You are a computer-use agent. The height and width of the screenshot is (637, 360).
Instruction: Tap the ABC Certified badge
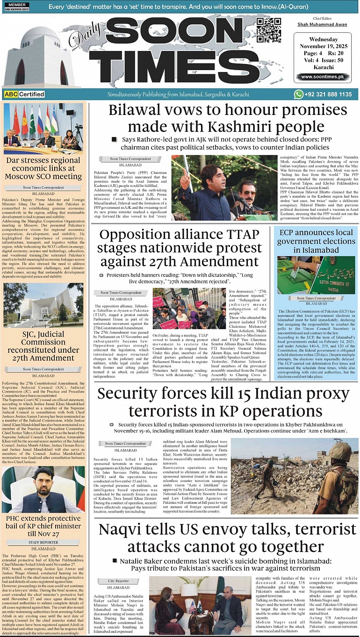click(x=24, y=94)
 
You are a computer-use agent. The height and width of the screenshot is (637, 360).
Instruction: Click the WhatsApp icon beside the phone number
click(x=298, y=94)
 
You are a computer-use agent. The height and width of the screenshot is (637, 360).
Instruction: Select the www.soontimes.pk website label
click(x=322, y=77)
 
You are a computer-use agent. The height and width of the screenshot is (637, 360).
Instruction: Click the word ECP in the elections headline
click(x=289, y=232)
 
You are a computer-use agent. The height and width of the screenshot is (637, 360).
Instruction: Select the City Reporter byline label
click(x=119, y=580)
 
